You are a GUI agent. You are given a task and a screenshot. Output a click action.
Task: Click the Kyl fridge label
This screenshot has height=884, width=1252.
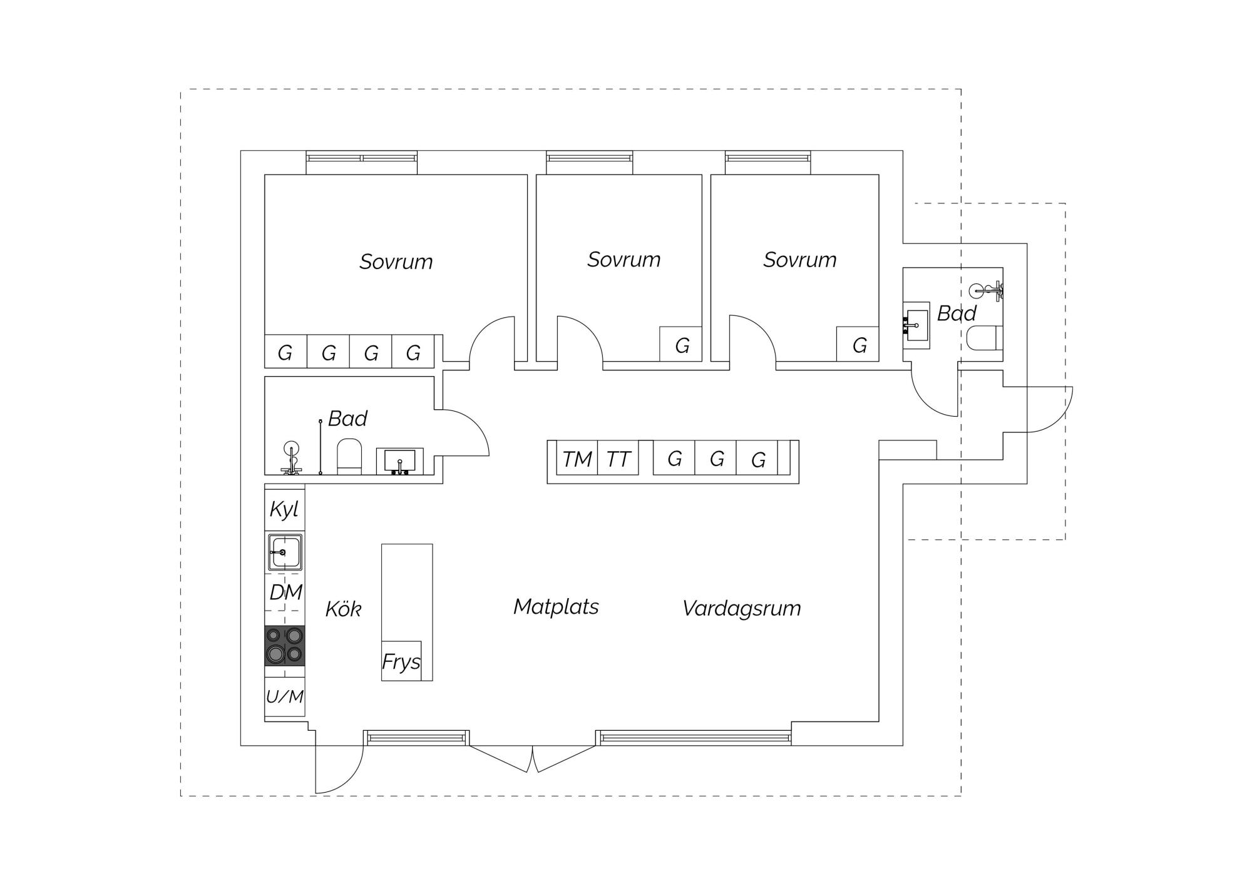pos(284,509)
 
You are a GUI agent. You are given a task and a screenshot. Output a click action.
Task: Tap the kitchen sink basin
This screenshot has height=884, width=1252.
pos(285,552)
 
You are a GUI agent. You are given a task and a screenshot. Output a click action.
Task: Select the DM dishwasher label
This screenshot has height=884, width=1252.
pos(286,592)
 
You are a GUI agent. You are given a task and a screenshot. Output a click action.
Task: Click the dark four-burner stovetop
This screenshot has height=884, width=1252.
pos(285,645)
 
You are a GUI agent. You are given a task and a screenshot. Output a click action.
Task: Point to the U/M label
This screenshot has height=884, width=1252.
pos(285,696)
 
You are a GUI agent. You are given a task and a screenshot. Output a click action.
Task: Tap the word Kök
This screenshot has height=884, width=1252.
pos(343,609)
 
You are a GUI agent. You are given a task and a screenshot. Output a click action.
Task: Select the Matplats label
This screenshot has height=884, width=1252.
pos(556,606)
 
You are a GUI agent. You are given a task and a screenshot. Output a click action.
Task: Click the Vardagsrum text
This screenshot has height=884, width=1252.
pos(741,608)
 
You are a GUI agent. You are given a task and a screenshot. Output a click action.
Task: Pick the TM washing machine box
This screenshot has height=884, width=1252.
pos(577,458)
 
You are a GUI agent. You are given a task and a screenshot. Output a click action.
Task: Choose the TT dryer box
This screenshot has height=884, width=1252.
pos(618,458)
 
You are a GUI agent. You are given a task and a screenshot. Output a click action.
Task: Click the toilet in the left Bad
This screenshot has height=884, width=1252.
pos(350,457)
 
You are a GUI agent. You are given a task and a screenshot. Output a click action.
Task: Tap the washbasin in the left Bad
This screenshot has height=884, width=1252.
pos(399,461)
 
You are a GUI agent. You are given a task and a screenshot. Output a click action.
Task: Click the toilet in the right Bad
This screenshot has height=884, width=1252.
pos(985,338)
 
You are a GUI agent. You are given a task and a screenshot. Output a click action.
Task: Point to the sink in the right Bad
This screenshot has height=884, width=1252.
pos(916,325)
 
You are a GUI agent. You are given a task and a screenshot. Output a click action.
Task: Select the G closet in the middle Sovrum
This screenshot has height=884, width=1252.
pos(681,344)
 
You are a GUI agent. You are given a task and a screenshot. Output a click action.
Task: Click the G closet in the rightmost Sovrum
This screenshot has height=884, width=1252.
pos(858,344)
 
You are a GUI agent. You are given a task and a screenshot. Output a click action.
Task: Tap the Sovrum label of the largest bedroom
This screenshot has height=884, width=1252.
pos(396,262)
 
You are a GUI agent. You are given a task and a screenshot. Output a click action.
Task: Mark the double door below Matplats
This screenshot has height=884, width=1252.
pos(533,758)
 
